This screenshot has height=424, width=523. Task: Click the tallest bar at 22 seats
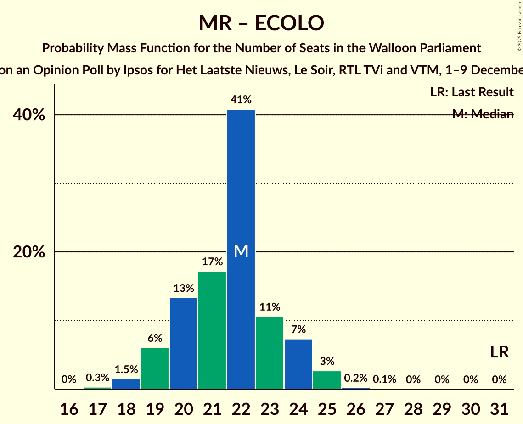[241, 184]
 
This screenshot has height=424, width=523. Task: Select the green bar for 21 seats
[212, 330]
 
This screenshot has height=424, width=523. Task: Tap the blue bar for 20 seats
[184, 344]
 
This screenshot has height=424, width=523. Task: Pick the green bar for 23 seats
[270, 353]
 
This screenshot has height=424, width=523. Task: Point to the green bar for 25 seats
[327, 380]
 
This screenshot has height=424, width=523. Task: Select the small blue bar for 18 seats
[126, 384]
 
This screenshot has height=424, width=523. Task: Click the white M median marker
[241, 251]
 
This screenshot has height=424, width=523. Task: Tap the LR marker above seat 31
[499, 352]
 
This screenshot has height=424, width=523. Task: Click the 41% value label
[241, 100]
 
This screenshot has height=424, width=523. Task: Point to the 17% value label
[212, 262]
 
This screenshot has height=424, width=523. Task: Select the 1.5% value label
[126, 369]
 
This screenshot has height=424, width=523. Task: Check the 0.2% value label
[356, 379]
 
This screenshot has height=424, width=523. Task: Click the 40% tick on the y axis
[29, 115]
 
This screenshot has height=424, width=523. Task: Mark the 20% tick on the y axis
[29, 252]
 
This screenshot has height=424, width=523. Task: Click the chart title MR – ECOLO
[261, 23]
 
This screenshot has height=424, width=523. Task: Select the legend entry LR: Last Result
[472, 92]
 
